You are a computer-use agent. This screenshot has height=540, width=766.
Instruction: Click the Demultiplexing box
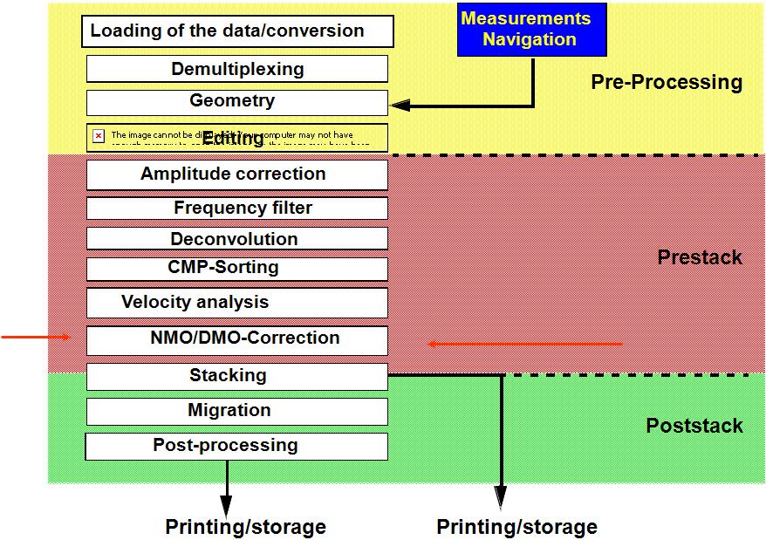pos(237,69)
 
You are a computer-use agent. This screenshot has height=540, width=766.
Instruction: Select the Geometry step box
pos(237,102)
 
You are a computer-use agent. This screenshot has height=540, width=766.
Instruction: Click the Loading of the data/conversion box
pos(237,31)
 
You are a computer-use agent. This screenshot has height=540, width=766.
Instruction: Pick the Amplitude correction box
pos(237,174)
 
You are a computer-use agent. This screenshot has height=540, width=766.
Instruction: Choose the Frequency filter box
pos(237,208)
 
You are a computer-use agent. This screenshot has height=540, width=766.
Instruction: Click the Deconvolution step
pos(237,239)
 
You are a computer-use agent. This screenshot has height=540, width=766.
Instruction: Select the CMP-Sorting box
pos(237,268)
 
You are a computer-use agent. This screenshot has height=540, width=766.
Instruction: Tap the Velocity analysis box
pos(237,303)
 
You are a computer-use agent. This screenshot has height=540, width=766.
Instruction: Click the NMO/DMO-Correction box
pos(237,339)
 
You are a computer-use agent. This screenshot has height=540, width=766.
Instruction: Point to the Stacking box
pos(237,376)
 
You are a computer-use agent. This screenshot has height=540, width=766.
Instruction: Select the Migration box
pos(237,411)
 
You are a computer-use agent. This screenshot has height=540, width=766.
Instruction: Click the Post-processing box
pos(237,446)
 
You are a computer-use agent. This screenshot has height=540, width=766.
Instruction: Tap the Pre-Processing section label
pos(667,83)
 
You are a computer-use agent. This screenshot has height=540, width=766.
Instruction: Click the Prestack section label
pos(700,257)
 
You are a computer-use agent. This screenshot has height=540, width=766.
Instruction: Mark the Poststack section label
pos(694,426)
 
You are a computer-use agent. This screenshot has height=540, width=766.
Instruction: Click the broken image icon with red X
pos(99,136)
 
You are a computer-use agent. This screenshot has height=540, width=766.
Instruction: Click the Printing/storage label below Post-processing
pos(245,527)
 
